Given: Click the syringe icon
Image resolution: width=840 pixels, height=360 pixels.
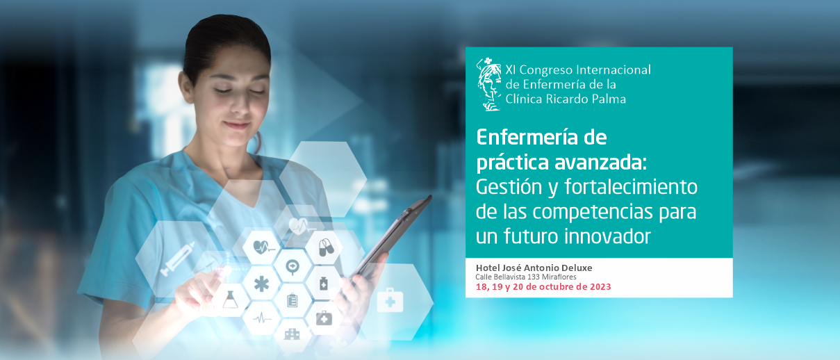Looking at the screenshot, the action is click(178, 259).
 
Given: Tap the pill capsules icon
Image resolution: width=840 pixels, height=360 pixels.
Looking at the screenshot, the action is click(325, 247).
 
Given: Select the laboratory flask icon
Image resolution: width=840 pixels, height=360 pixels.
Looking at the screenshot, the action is click(230, 300).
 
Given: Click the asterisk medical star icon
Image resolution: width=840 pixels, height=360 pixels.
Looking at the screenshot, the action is click(261, 284).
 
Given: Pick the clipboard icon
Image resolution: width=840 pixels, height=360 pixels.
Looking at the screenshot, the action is click(292, 300).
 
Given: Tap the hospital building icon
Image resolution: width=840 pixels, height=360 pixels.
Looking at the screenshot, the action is click(292, 334).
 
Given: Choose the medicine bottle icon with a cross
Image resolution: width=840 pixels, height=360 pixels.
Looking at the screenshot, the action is click(324, 284).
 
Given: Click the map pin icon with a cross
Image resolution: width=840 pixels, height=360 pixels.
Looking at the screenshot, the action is click(292, 268).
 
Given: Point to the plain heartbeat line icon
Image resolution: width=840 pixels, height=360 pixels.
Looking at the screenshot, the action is click(262, 319).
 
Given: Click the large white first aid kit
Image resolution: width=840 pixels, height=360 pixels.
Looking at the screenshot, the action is click(390, 300).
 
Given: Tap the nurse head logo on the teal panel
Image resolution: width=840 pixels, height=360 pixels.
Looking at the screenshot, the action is click(489, 84).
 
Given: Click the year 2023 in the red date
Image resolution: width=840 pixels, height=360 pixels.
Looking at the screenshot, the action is click(600, 287).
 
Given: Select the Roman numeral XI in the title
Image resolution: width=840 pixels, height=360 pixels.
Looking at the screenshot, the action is click(511, 70).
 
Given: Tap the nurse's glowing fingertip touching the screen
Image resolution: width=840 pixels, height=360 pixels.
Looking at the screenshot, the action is click(227, 270).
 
